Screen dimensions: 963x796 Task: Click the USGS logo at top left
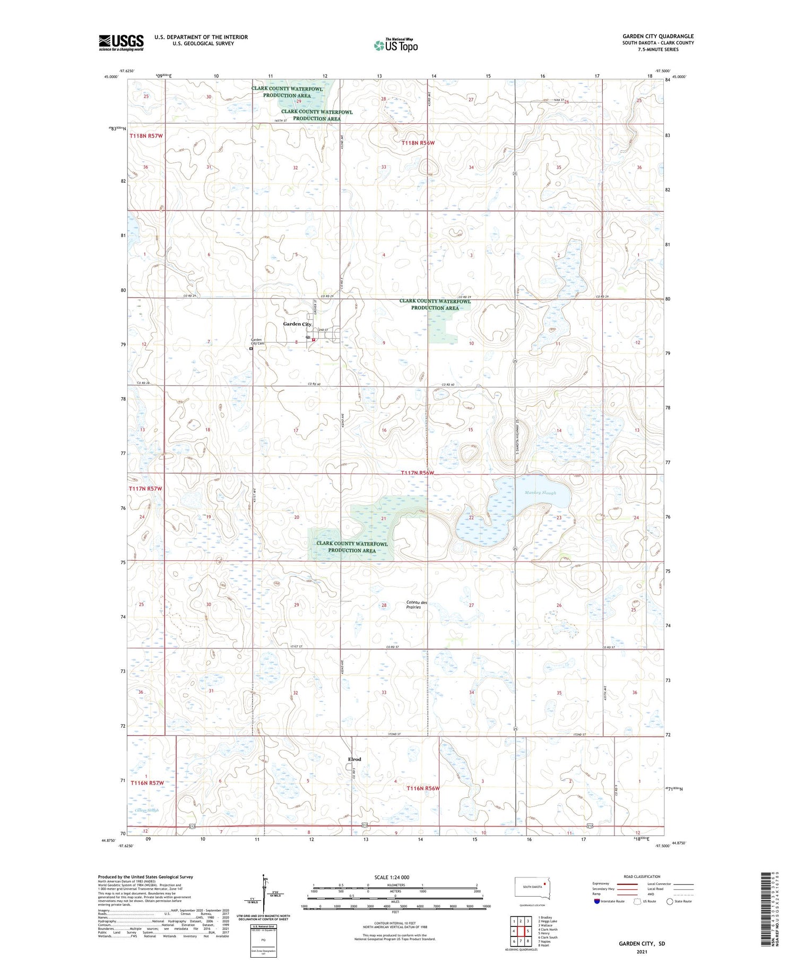[x=121, y=42]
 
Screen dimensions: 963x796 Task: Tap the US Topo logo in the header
[x=395, y=46]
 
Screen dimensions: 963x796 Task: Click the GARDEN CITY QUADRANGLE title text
[x=657, y=36]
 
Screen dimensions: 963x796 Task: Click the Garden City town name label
[x=297, y=324]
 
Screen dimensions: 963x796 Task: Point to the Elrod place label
[x=354, y=759]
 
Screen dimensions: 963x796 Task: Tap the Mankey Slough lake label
[x=540, y=493]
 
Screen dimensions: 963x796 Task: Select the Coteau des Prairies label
[x=417, y=604]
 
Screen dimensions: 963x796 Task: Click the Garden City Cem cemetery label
[x=257, y=342]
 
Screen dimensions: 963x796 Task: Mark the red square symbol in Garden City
[x=314, y=340]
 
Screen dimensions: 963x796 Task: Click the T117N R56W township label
[x=417, y=473]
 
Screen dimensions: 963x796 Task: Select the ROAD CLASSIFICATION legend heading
[x=642, y=876]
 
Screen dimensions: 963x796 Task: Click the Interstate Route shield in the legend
[x=597, y=901]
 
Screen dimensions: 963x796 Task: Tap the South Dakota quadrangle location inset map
[x=532, y=889]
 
